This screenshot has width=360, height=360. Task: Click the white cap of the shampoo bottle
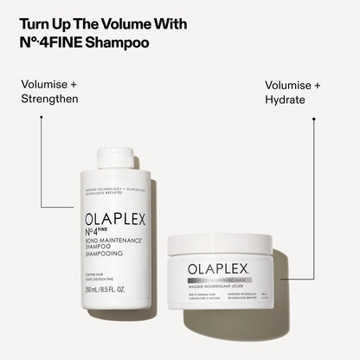115,157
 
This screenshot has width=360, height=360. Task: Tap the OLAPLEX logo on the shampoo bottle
116,221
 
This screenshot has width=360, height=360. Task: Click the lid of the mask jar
227,243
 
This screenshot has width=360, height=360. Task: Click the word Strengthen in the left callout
49,99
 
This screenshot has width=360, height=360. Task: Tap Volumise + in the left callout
50,85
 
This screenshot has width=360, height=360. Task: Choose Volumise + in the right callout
292,85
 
